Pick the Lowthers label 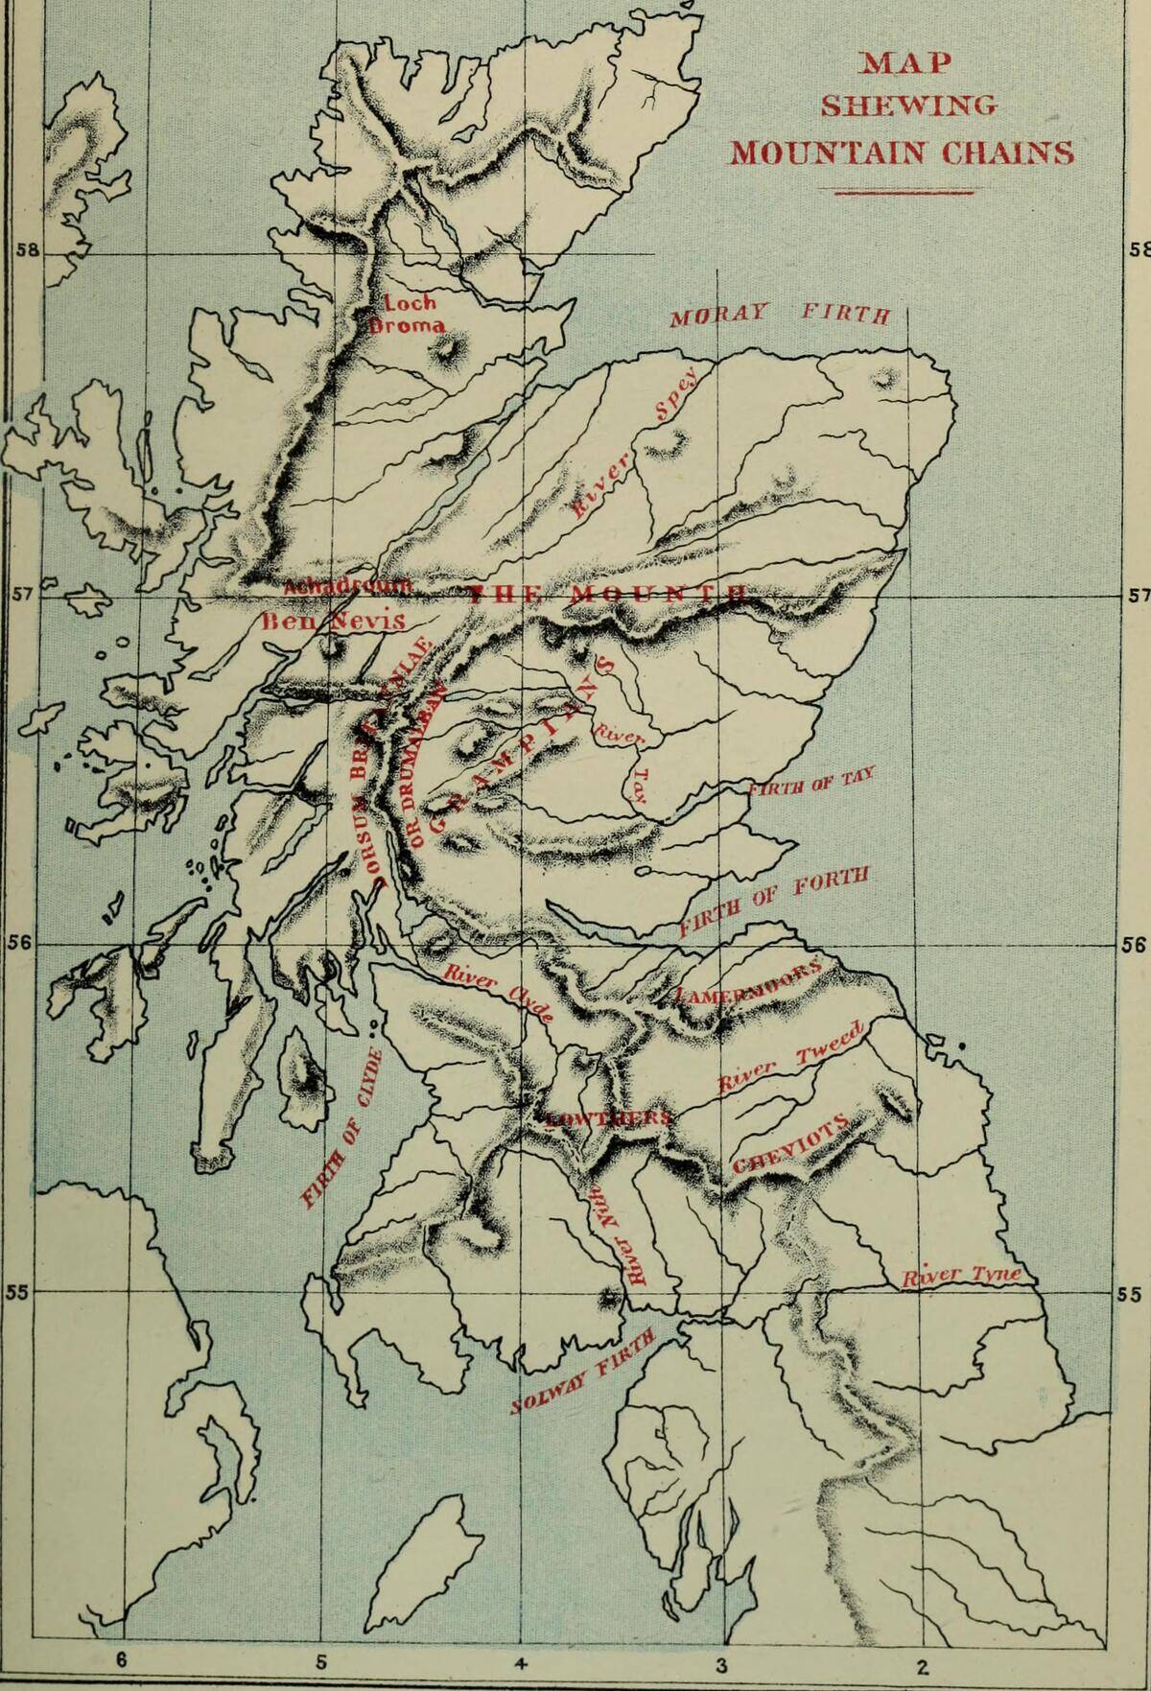[x=608, y=1118]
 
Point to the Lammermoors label [x=749, y=982]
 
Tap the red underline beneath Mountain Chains [x=903, y=193]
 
